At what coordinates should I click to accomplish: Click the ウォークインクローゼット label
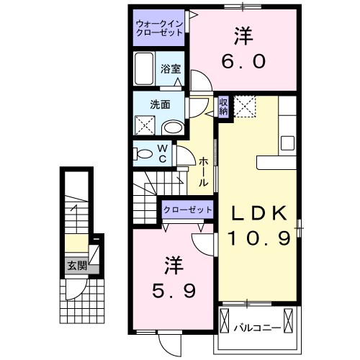pyautogui.click(x=159, y=32)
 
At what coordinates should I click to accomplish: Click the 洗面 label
pyautogui.click(x=159, y=104)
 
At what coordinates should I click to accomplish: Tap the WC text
pyautogui.click(x=162, y=153)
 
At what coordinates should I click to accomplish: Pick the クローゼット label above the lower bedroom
pyautogui.click(x=188, y=209)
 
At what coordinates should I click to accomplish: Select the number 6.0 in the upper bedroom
pyautogui.click(x=243, y=60)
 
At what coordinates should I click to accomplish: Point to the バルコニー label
pyautogui.click(x=257, y=328)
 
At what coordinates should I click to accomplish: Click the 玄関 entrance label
pyautogui.click(x=76, y=264)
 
